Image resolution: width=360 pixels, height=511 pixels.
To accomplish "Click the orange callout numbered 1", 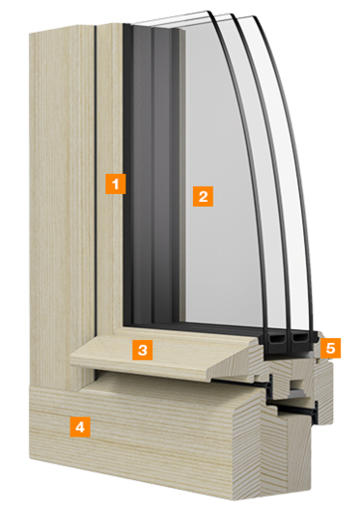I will tap(117, 183).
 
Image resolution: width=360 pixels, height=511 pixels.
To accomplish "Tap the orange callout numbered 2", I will tap(202, 196).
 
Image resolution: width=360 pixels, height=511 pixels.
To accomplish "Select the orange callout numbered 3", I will tap(143, 349).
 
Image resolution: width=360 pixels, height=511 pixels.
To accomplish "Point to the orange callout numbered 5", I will tap(332, 348).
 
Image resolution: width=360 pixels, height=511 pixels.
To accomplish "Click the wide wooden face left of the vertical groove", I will tap(60, 199).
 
